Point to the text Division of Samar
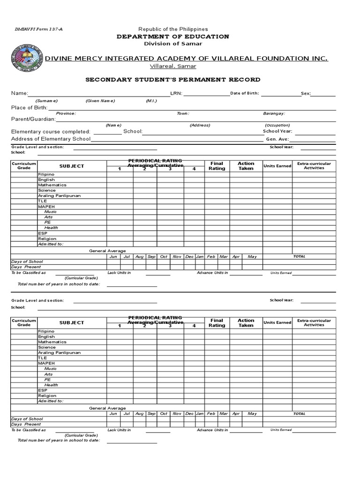173,44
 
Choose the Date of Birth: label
244,93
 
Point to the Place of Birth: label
30,108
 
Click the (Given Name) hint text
100,101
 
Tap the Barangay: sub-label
274,113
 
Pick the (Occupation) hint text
277,125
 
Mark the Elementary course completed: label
51,132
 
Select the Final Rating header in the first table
217,166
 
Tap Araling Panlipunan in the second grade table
59,352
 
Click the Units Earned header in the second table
277,322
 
